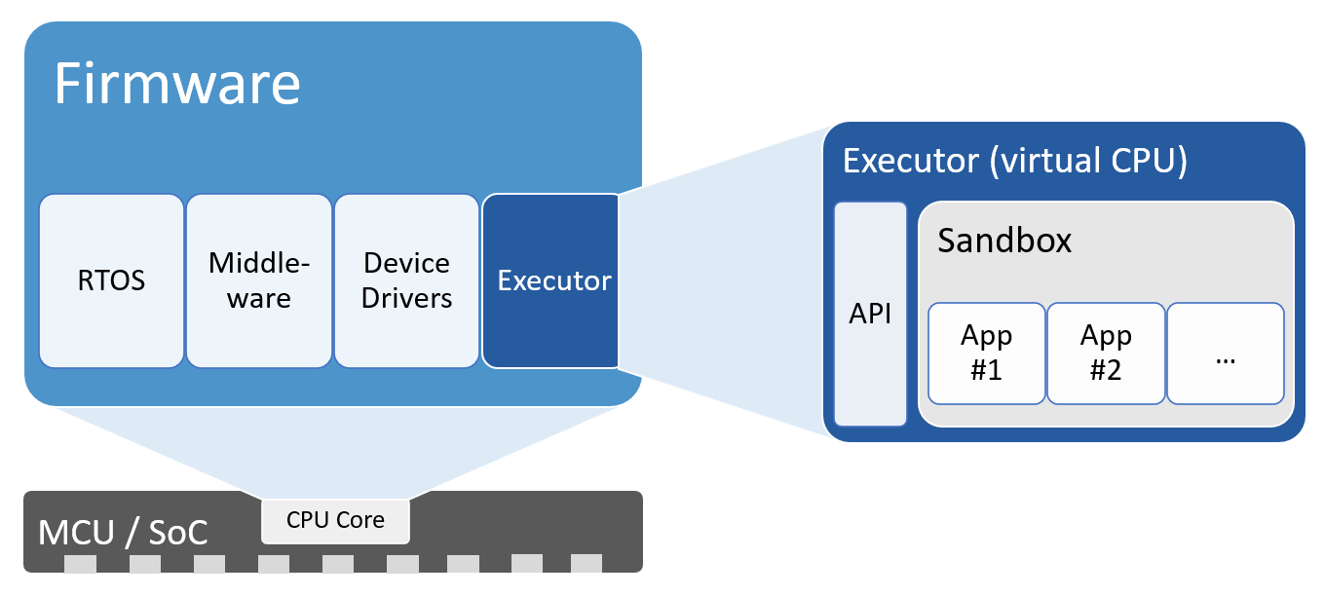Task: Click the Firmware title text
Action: click(x=176, y=84)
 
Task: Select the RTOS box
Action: click(x=111, y=280)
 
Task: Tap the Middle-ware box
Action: click(x=258, y=280)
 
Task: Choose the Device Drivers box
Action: click(x=406, y=280)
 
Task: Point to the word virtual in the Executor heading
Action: click(x=1047, y=161)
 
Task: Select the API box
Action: click(x=870, y=314)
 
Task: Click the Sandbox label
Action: click(x=1004, y=241)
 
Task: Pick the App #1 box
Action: click(x=986, y=353)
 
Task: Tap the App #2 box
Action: click(x=1106, y=353)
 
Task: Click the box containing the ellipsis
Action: click(x=1226, y=353)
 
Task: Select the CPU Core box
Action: click(x=335, y=520)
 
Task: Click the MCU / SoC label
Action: click(x=123, y=533)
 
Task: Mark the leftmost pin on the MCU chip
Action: click(x=81, y=564)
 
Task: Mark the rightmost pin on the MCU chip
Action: click(x=587, y=564)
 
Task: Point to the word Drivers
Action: click(x=406, y=298)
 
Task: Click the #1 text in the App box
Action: click(x=986, y=370)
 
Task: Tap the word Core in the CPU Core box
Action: click(x=360, y=520)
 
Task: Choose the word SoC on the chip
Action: click(x=178, y=533)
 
